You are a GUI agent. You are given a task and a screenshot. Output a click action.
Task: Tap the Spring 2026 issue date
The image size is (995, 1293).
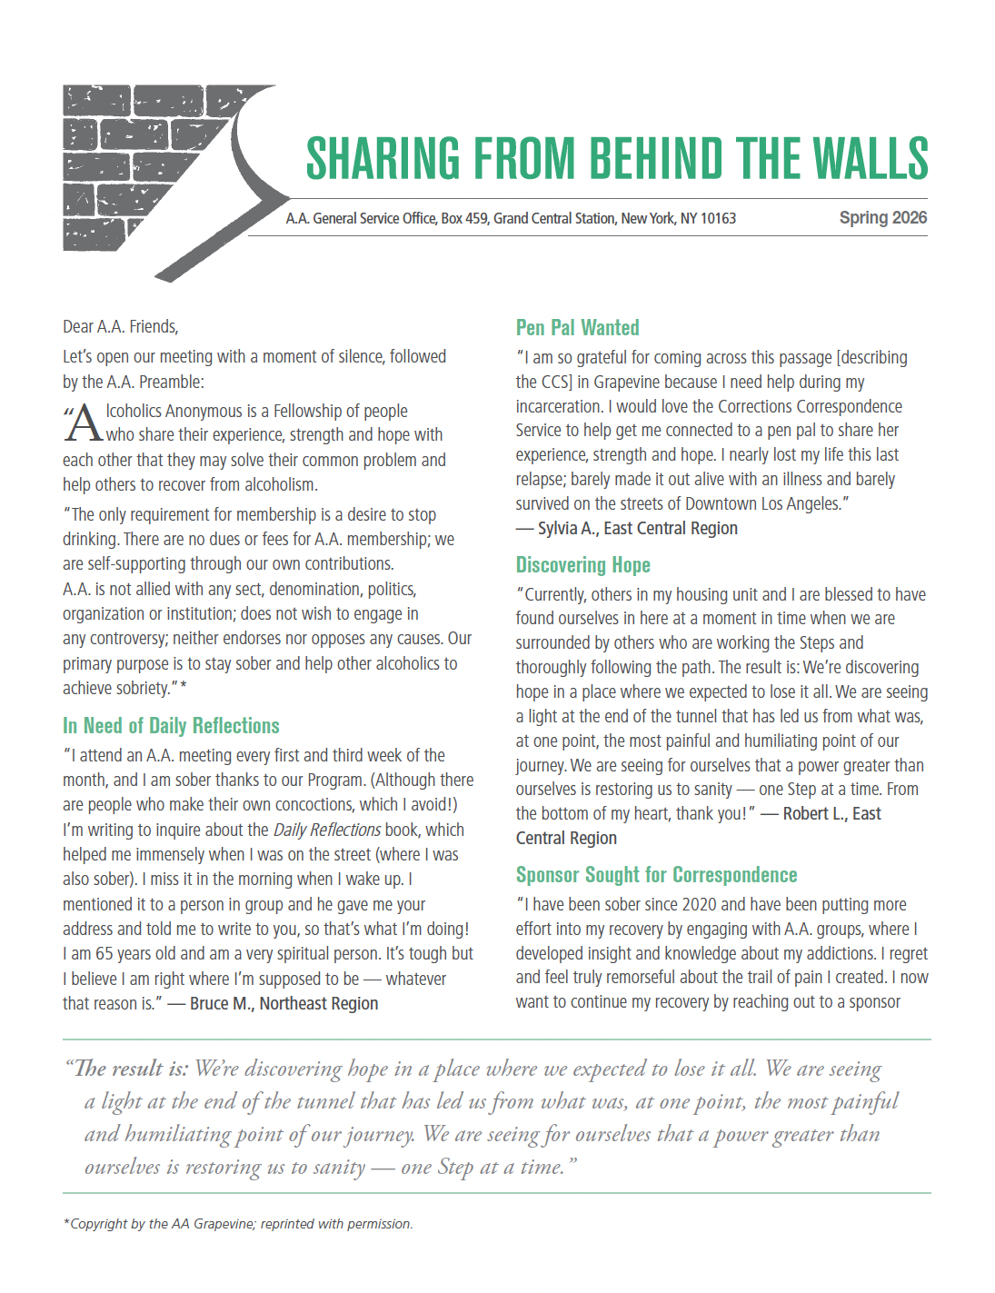click(882, 218)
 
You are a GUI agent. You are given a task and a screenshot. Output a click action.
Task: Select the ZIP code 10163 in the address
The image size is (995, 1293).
click(718, 219)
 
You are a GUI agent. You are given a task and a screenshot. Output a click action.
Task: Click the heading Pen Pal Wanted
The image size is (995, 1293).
click(577, 328)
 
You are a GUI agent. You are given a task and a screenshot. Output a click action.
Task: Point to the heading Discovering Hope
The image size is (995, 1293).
click(582, 565)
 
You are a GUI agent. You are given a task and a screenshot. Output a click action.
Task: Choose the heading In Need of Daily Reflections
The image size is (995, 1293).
click(171, 726)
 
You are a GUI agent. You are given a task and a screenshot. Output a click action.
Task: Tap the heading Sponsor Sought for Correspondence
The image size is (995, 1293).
click(656, 875)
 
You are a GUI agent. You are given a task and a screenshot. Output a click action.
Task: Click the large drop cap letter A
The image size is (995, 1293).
click(84, 423)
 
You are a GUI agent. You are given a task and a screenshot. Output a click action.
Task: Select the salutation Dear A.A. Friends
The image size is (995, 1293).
click(120, 327)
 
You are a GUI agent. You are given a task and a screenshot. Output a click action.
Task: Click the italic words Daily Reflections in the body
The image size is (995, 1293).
click(326, 831)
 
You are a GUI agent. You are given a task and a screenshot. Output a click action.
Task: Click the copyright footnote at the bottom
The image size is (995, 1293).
click(238, 1224)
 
